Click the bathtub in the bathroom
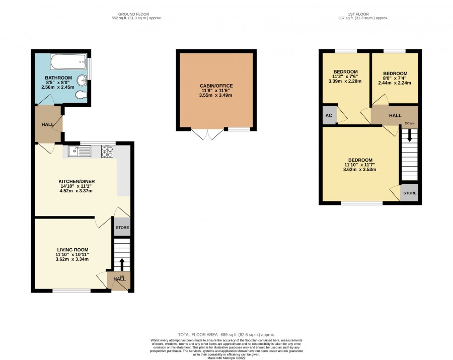click(69, 61)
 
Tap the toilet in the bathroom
click(81, 95)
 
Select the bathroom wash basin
click(83, 80)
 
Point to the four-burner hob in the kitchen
click(107, 152)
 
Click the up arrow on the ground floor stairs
click(122, 264)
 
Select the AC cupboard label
click(329, 116)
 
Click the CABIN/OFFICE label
click(216, 86)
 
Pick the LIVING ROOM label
click(73, 250)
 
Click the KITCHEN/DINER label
click(77, 181)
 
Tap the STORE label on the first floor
click(410, 193)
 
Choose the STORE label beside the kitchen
click(122, 228)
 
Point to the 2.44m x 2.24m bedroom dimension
click(395, 83)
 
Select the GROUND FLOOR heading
click(134, 14)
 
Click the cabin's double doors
click(207, 134)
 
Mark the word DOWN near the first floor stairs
click(410, 123)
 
